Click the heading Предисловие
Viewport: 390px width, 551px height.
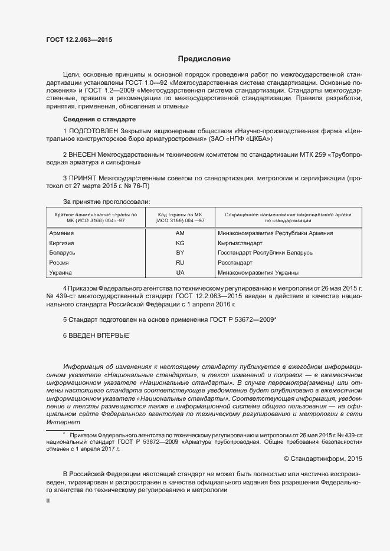coord(205,59)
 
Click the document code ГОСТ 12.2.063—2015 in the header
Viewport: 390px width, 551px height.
coord(79,40)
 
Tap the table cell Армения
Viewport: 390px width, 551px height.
coord(61,233)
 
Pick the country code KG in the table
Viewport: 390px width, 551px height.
coord(180,243)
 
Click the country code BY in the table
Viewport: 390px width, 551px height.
coord(180,253)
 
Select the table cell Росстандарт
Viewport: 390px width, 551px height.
coord(235,263)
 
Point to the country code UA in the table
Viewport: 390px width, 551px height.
coord(180,273)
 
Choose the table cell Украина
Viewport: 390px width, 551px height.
coord(61,273)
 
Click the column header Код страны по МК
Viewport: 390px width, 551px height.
coord(180,215)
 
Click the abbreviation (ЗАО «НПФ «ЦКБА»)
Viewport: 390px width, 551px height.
coord(241,139)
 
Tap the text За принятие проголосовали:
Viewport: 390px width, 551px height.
coord(98,202)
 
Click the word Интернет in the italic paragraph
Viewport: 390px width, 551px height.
coord(63,423)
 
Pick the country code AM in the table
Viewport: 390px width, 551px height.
coord(180,233)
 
